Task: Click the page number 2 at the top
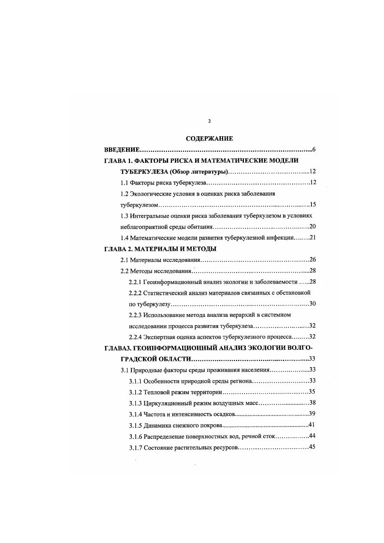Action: [x=209, y=121]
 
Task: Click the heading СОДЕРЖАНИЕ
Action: [x=209, y=139]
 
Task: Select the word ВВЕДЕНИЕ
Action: [x=122, y=149]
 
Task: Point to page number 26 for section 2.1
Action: [x=312, y=259]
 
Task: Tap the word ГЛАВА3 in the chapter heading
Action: [x=119, y=348]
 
